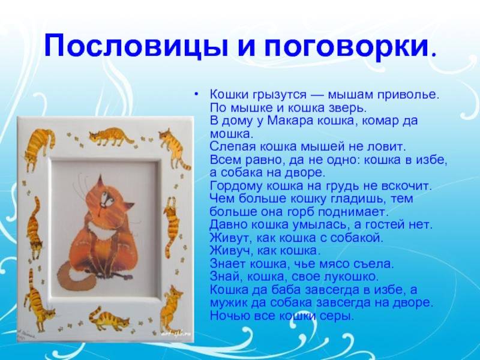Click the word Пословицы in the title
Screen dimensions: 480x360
[136, 47]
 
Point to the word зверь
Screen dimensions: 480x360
[349, 108]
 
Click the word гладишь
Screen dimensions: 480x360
[355, 199]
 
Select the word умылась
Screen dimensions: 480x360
[320, 226]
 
